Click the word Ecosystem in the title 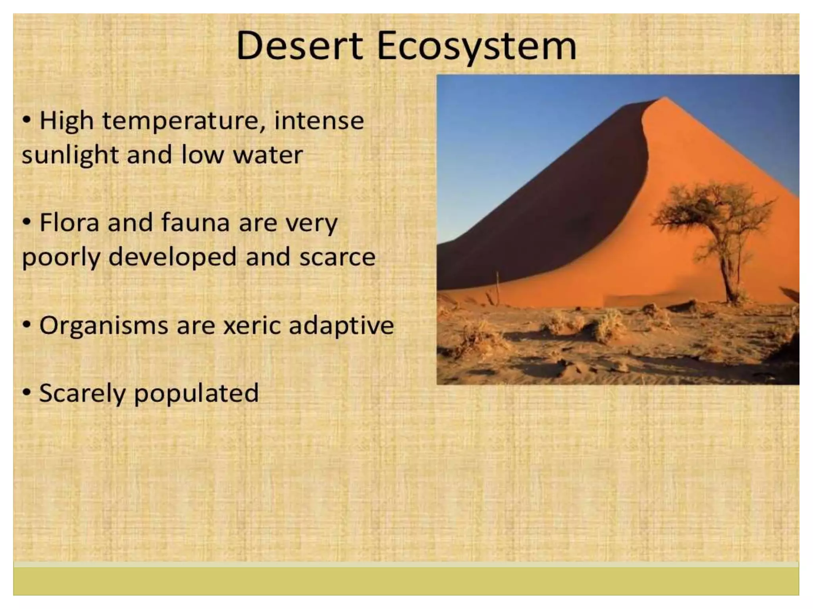click(476, 47)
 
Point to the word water click(268, 155)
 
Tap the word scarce click(337, 257)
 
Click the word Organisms click(103, 326)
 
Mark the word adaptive click(341, 326)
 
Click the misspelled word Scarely click(82, 393)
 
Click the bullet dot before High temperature click(27, 120)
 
